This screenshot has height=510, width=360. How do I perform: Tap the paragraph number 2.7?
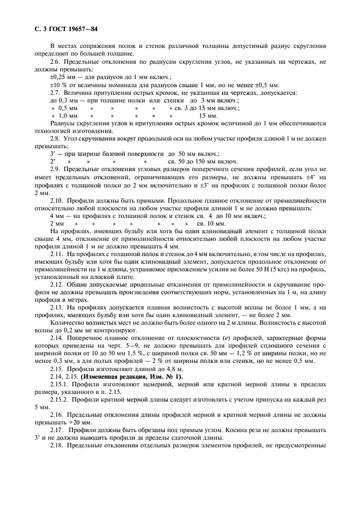click(x=55, y=93)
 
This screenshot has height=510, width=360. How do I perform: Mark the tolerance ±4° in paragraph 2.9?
click(x=309, y=177)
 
